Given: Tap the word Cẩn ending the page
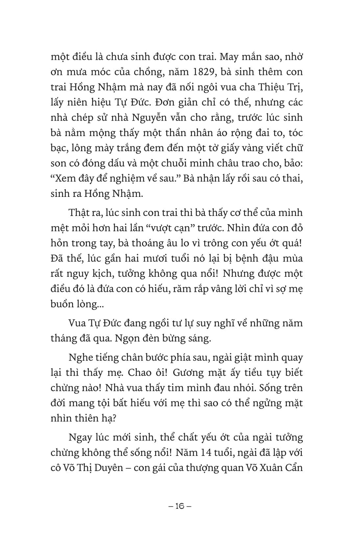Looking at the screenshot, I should click(291, 468).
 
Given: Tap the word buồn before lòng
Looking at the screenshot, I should click(63, 304).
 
